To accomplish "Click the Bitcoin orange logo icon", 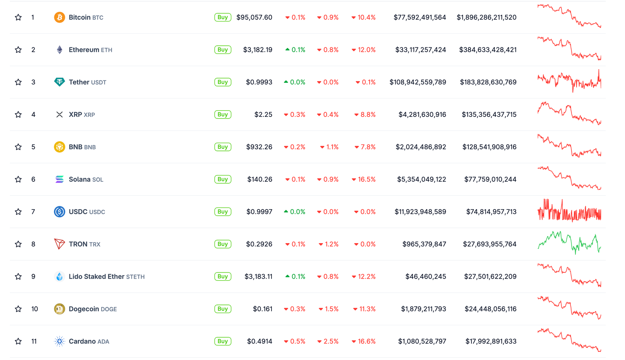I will [x=59, y=17].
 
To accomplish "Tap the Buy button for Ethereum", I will [x=223, y=50].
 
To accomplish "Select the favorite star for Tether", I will [x=18, y=82].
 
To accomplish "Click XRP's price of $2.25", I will [x=263, y=115].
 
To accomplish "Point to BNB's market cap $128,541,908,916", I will [x=489, y=147].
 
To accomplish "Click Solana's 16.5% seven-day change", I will [x=364, y=179].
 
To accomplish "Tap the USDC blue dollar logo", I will [x=59, y=212].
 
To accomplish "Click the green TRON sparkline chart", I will [x=569, y=243].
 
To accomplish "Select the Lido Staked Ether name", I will [x=96, y=276].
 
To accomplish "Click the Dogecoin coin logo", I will [x=59, y=309].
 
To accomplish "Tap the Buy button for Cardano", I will [x=223, y=341].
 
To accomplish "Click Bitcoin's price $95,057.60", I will [x=254, y=17].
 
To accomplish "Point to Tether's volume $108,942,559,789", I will [x=418, y=82].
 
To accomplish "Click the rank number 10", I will [x=35, y=309].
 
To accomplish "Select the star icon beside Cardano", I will [x=18, y=341].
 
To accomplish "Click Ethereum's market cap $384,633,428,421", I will [x=487, y=50].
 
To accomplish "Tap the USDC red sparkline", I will [x=569, y=211].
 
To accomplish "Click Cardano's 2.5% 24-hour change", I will [x=328, y=341].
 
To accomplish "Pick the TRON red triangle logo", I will [x=59, y=244].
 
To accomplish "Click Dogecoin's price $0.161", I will [x=262, y=309].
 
